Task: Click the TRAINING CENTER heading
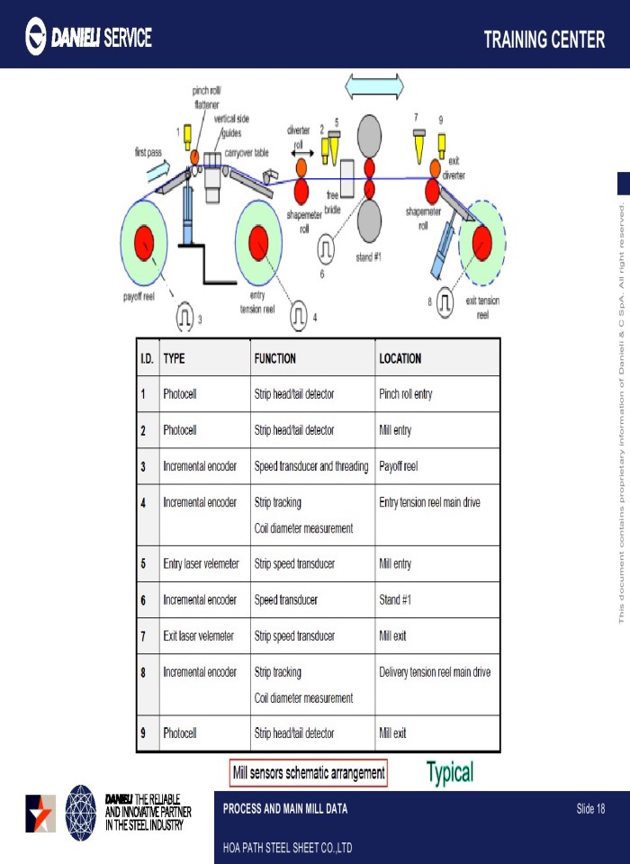point(544,40)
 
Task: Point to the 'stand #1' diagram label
point(369,256)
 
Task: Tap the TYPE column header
point(174,358)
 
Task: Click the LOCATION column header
point(400,358)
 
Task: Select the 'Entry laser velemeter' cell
point(201,563)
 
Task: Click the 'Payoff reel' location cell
point(399,466)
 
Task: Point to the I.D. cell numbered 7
point(143,635)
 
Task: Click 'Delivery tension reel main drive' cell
point(435,671)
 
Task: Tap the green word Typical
point(449,771)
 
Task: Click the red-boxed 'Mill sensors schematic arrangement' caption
point(309,772)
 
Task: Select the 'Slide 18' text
point(590,809)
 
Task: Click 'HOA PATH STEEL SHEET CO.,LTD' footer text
point(287,848)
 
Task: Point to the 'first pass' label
point(148,153)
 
